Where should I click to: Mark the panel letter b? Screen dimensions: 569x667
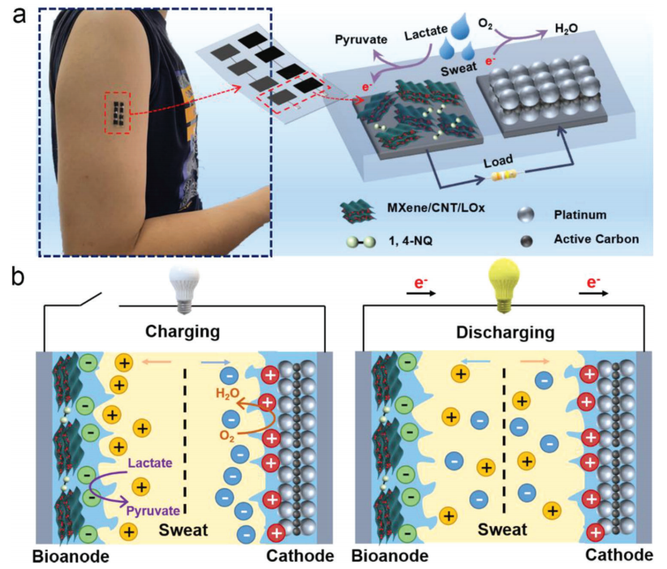(19, 276)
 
